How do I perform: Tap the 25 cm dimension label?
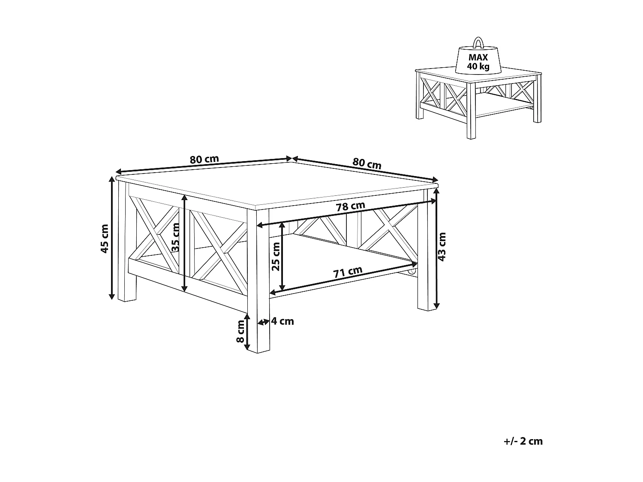click(276, 256)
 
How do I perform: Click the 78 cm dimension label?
click(350, 207)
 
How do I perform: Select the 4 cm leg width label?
click(282, 321)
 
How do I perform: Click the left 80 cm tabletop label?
click(204, 159)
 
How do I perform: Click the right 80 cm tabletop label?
click(367, 163)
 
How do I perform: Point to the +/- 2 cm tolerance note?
click(524, 441)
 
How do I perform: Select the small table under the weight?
click(478, 103)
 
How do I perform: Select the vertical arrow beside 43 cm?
click(436, 248)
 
